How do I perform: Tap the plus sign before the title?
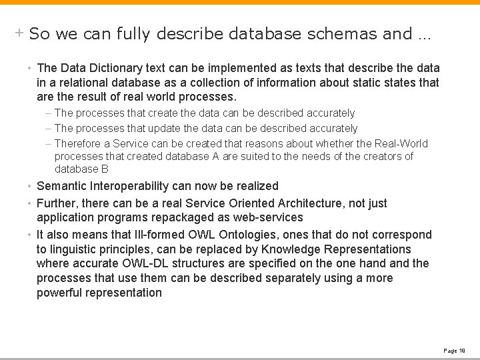(x=20, y=33)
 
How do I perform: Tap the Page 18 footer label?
(x=454, y=350)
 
